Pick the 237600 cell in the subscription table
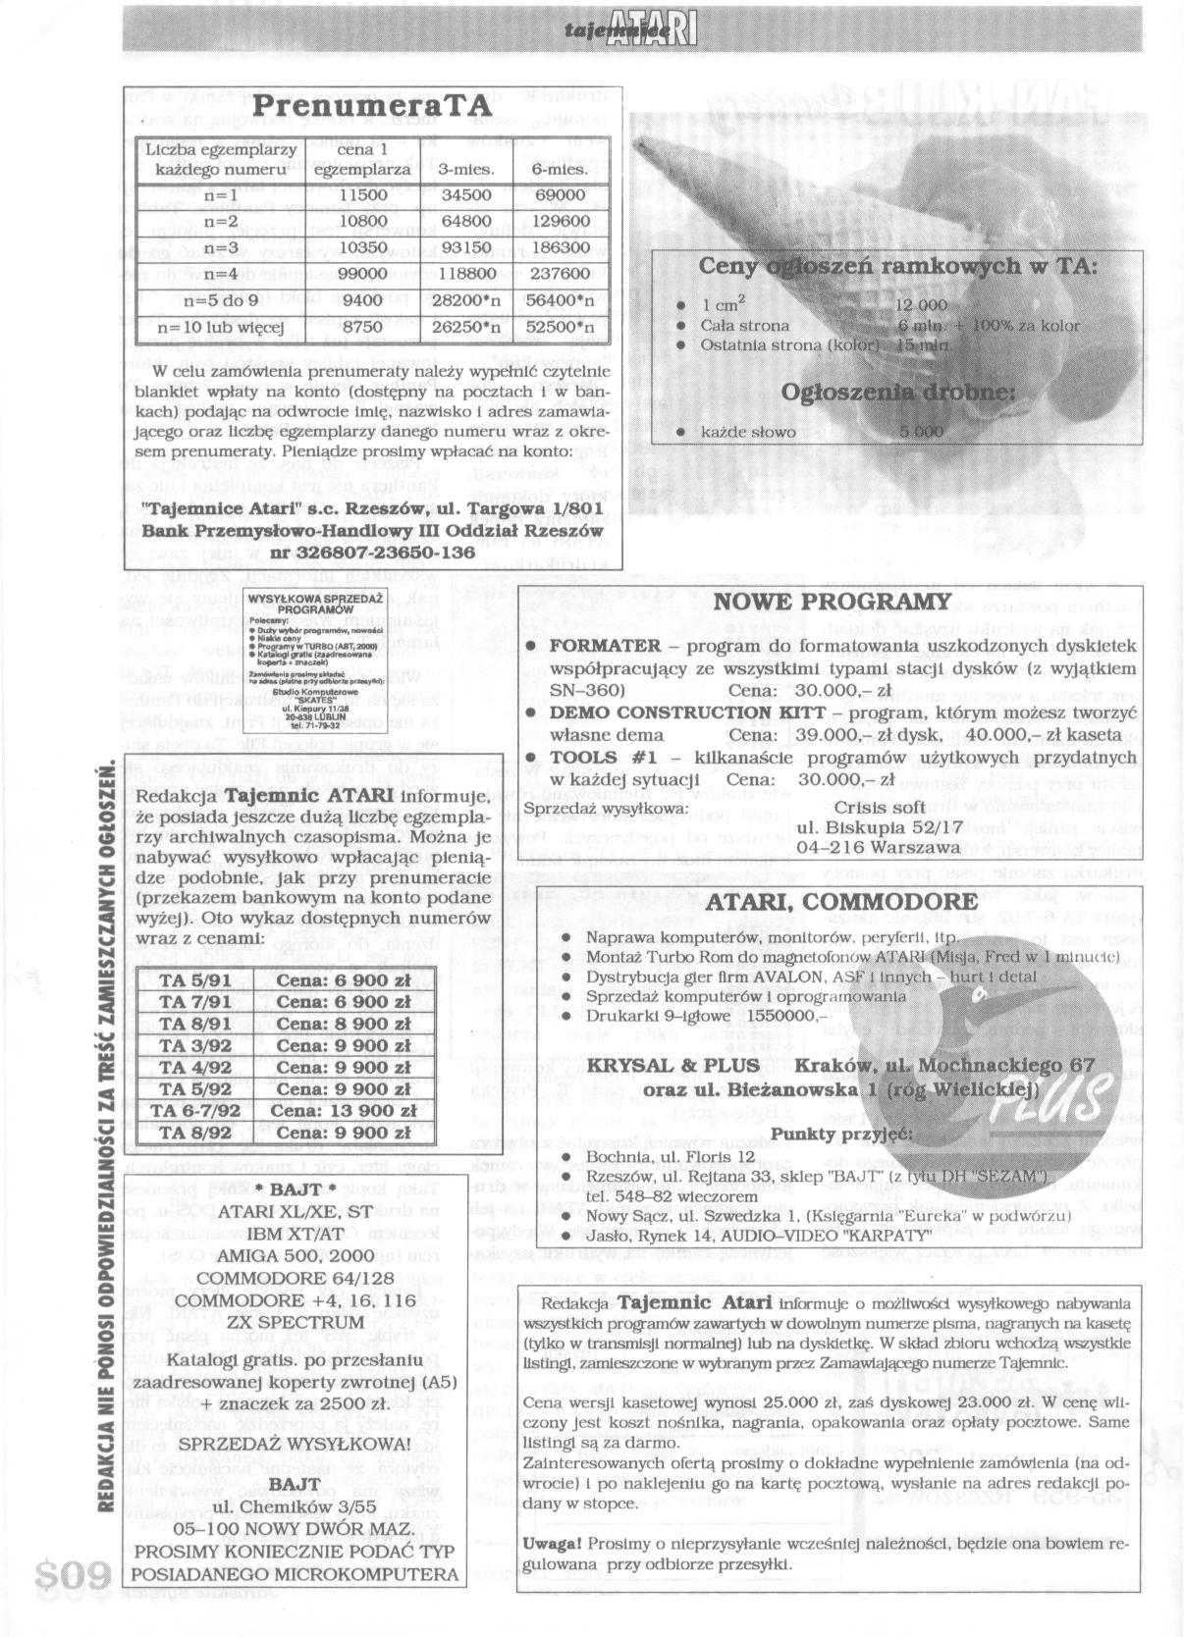pyautogui.click(x=563, y=275)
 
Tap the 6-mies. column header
pyautogui.click(x=562, y=169)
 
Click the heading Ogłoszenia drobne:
pyautogui.click(x=897, y=393)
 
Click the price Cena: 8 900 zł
pyautogui.click(x=343, y=1024)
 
